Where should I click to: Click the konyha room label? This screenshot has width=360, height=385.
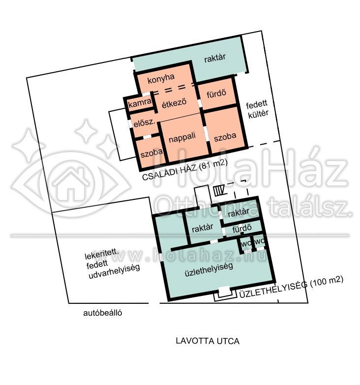point(161,79)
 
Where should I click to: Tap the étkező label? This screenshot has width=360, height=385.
point(174,103)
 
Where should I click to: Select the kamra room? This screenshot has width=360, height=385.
point(140,103)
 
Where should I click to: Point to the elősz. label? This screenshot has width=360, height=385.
point(145,123)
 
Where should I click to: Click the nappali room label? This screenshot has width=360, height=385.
point(182,137)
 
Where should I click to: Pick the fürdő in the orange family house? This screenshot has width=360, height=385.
point(216,94)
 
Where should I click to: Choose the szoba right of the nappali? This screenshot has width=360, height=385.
point(225,137)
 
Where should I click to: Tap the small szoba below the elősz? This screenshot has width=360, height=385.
point(151,153)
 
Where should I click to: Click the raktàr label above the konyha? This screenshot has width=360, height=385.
point(215,58)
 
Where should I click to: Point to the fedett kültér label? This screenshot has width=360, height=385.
point(257,109)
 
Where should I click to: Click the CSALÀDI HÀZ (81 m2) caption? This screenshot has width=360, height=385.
point(185,170)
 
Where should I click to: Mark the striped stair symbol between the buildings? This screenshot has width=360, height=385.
point(219,191)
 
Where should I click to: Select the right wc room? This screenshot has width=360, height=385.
point(260,242)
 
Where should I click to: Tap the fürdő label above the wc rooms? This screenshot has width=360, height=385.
point(242,229)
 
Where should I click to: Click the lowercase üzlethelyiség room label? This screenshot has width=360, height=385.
point(209,269)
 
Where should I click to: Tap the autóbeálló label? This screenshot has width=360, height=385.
point(102,313)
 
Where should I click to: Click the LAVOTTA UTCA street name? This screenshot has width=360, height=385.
point(208,341)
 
